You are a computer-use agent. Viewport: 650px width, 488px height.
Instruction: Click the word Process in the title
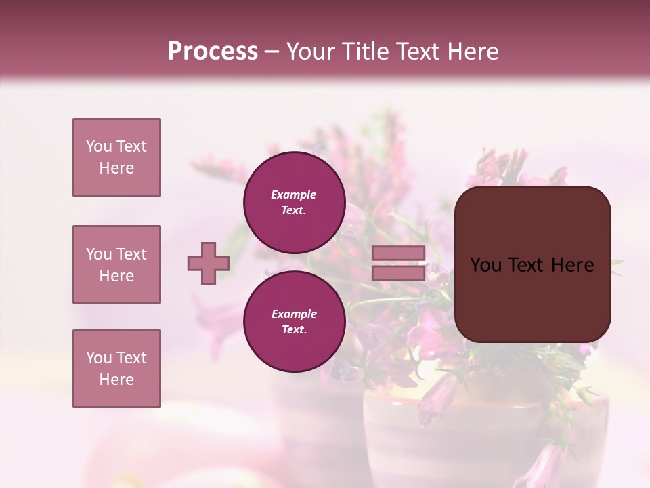tap(213, 52)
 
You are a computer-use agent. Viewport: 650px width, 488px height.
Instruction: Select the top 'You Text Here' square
tap(116, 157)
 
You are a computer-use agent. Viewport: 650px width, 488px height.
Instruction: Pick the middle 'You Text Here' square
tap(116, 264)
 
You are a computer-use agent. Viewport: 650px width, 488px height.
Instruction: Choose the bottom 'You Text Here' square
tap(116, 369)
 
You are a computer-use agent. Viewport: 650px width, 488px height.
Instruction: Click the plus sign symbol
tap(209, 263)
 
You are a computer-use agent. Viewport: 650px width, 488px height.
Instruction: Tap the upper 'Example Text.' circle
tap(294, 203)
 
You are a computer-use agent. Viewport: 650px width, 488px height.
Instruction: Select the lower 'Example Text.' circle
tap(294, 322)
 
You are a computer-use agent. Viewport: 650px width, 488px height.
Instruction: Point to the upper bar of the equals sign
tap(398, 253)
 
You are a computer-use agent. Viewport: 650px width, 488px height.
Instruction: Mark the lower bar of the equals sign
tap(398, 272)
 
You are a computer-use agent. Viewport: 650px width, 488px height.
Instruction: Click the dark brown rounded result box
tap(532, 298)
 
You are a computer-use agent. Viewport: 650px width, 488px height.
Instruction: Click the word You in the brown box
tap(485, 265)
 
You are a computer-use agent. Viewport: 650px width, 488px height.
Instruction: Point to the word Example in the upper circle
tap(294, 195)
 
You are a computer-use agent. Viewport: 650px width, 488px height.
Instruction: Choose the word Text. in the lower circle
tap(294, 330)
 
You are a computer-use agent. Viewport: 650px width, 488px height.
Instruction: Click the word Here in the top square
tap(116, 168)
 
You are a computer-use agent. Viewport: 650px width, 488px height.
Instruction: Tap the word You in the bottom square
tap(99, 358)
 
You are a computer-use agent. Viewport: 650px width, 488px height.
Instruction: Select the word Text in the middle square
tap(131, 254)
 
